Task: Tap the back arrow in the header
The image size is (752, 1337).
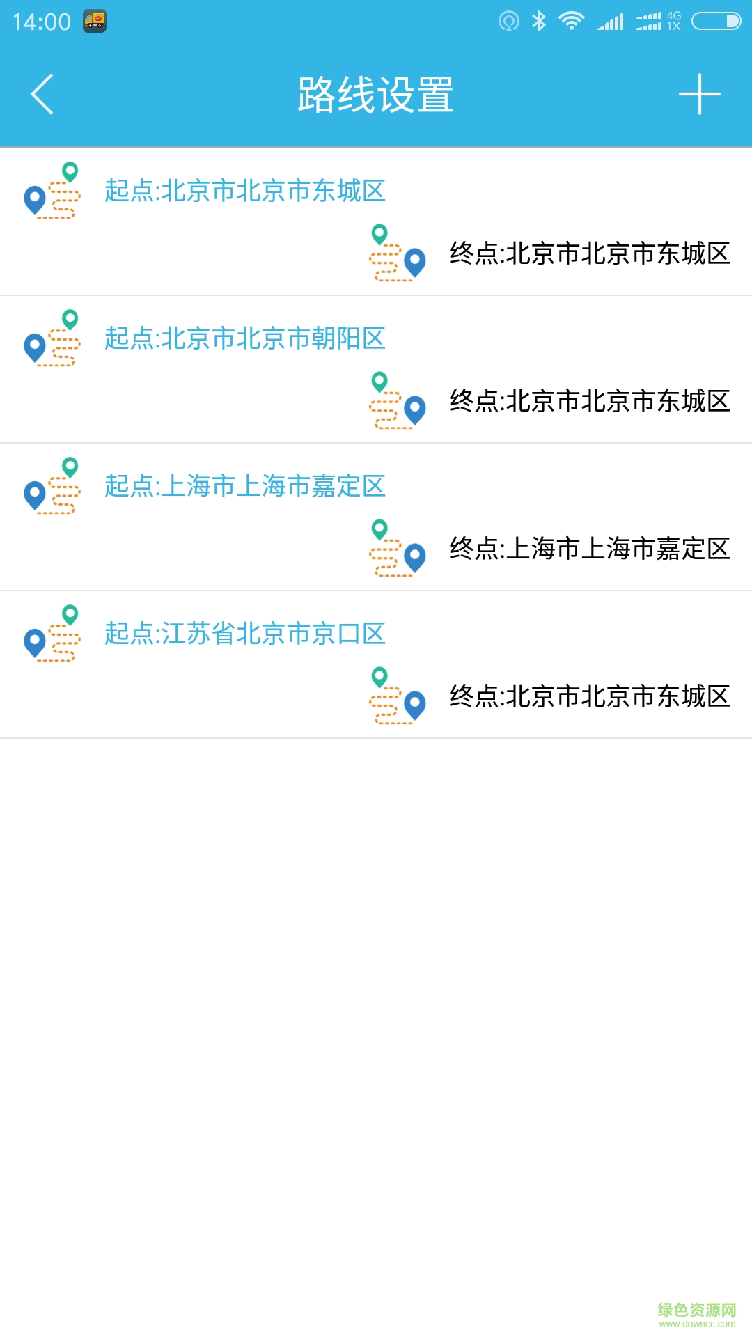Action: (42, 94)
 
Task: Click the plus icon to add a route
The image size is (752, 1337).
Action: (699, 94)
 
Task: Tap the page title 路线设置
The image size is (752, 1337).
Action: (376, 95)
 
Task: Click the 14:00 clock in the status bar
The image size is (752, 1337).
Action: (42, 22)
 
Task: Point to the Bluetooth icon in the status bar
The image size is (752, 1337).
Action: (538, 21)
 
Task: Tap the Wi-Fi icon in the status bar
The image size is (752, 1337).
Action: (572, 21)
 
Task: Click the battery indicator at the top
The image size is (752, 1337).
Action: (716, 21)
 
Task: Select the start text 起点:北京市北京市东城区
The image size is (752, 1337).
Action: (245, 190)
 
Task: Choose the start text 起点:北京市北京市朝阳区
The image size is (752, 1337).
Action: (245, 338)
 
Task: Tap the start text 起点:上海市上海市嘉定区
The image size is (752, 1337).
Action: (245, 485)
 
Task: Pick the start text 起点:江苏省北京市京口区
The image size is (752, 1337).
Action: (245, 633)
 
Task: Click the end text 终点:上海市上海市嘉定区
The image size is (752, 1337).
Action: (590, 548)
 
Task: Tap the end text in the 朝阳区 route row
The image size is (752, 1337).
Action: (590, 400)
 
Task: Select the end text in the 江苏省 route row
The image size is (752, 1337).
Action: (590, 696)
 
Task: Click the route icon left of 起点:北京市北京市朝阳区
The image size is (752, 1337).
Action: (52, 338)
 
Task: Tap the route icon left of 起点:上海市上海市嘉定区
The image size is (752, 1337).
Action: (52, 485)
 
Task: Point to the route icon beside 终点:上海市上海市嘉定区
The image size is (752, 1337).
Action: (398, 548)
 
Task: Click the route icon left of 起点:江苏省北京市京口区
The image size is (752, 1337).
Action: (52, 633)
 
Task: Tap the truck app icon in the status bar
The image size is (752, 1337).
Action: (95, 22)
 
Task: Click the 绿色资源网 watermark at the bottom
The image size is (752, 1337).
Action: (697, 1314)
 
